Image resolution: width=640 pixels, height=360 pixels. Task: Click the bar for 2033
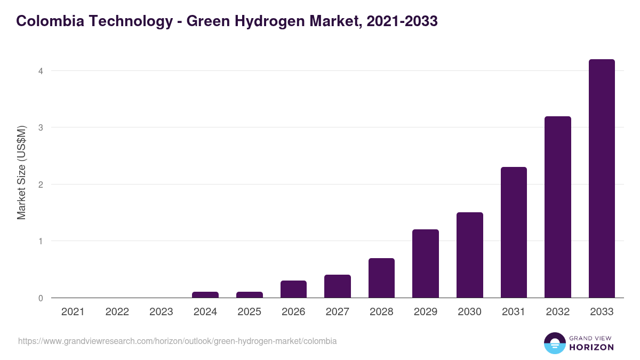pos(602,179)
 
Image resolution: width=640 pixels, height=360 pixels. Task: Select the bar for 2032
pos(557,207)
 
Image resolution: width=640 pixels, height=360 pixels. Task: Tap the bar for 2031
pos(514,233)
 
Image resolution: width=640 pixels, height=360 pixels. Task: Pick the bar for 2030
pos(469,255)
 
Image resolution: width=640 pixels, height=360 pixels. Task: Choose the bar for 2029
pos(426,263)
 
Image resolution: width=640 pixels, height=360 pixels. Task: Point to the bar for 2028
pos(381,278)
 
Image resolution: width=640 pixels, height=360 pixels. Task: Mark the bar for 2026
pos(293,289)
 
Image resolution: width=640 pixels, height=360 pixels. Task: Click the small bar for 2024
pos(205,294)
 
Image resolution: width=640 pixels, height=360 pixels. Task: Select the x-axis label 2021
pos(73,312)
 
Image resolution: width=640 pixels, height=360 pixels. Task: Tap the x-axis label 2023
pos(161,312)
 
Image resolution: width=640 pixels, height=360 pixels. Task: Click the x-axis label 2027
pos(337,312)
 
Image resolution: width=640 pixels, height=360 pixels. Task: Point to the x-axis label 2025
pos(249,312)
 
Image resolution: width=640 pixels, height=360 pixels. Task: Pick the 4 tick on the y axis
pos(40,71)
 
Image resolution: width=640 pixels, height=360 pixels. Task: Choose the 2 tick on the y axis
pos(40,185)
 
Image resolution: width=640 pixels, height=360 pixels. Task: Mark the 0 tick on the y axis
pos(40,298)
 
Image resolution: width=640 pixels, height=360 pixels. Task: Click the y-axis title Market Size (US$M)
pos(21,172)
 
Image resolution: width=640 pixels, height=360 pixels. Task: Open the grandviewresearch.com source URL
pos(177,341)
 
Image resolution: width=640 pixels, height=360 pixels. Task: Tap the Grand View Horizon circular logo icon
pos(554,343)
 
